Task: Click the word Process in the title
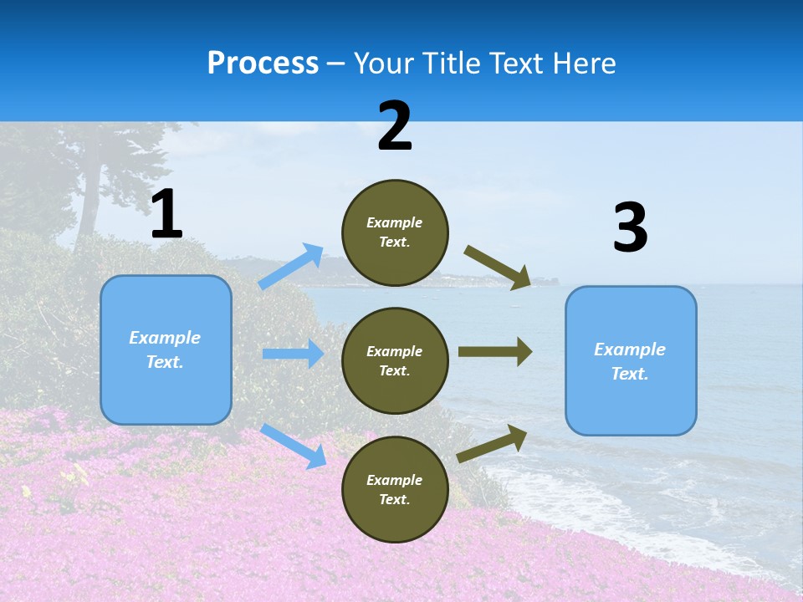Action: click(263, 64)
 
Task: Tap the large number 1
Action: click(166, 215)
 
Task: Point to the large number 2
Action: click(395, 126)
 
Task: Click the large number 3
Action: click(630, 228)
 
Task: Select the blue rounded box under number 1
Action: click(166, 349)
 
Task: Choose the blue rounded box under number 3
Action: click(631, 360)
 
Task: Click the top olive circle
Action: click(395, 232)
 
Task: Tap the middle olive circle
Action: click(395, 360)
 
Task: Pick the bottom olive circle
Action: click(395, 489)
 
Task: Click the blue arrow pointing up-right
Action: click(291, 267)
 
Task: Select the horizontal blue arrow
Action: click(293, 354)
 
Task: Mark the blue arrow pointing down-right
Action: click(293, 446)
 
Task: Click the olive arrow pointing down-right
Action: click(498, 268)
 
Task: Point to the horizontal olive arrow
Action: click(494, 352)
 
